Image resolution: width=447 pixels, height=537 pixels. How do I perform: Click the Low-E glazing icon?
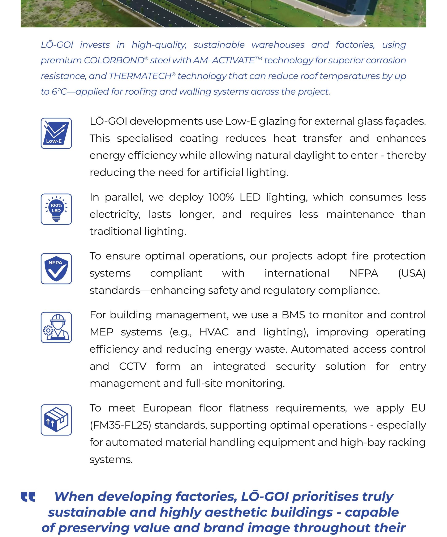point(56,133)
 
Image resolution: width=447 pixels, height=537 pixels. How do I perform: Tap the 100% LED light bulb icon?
point(56,209)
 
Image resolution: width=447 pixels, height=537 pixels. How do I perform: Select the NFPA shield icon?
point(56,268)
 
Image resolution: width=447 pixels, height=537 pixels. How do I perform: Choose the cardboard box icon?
point(56,420)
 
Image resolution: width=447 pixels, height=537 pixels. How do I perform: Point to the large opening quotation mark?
point(28,497)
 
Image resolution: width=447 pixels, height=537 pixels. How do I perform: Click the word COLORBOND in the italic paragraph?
point(114,61)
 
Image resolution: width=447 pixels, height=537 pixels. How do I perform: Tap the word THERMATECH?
point(140,76)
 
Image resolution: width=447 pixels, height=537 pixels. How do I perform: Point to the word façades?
point(408,121)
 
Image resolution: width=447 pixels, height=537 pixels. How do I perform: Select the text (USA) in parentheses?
point(412,273)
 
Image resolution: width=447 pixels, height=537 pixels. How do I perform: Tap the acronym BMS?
point(293,315)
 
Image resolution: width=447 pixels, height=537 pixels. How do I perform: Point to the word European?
point(167,408)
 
